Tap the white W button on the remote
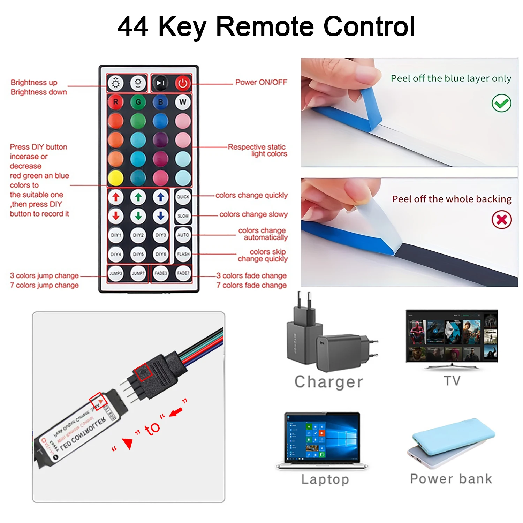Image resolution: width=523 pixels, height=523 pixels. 183,102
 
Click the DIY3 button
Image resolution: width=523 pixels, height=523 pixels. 160,235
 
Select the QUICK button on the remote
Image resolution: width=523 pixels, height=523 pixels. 183,197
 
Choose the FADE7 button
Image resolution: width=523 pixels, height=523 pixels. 183,273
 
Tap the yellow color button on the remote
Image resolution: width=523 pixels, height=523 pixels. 116,178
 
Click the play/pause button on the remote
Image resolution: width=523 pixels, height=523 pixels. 160,83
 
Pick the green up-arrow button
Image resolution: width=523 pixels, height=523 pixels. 138,197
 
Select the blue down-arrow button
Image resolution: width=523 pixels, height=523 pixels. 160,216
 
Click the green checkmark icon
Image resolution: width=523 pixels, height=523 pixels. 501,103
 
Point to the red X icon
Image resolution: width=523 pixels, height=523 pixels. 501,220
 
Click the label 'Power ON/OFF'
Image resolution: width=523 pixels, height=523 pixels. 261,82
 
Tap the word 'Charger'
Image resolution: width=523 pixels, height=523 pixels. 329,382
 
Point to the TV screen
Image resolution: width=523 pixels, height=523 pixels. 452,336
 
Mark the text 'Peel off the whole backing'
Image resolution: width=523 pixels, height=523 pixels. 452,199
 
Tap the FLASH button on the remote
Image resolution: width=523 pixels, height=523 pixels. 183,254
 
